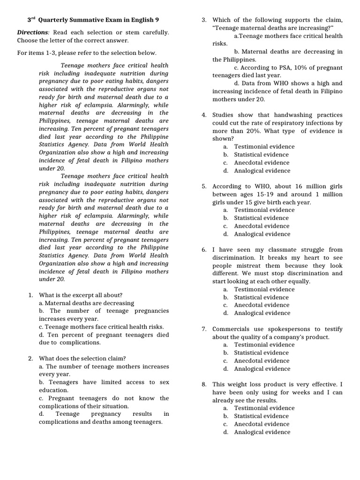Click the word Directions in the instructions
(32, 32)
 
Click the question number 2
(30, 359)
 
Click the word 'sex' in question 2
(164, 382)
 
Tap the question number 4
(204, 115)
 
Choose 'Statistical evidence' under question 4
(261, 155)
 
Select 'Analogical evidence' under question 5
(262, 234)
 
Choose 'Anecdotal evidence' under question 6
(262, 305)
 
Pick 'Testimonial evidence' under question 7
(264, 345)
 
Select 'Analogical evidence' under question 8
(262, 432)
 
